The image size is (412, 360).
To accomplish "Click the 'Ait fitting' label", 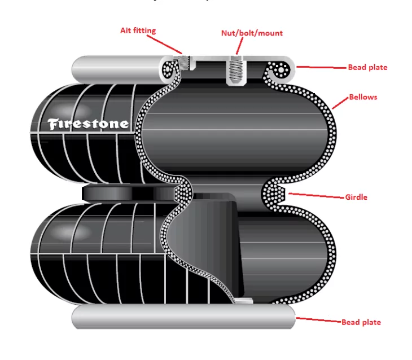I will pyautogui.click(x=138, y=30).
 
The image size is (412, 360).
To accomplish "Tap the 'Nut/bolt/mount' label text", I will pyautogui.click(x=252, y=33).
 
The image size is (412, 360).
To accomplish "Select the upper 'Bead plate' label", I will pyautogui.click(x=367, y=67).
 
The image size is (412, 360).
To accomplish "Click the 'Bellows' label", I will pyautogui.click(x=363, y=97).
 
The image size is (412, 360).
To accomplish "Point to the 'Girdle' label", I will pyautogui.click(x=356, y=197).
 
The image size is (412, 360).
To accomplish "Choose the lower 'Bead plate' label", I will pyautogui.click(x=361, y=322).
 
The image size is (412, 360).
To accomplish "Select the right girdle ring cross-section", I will pyautogui.click(x=275, y=195).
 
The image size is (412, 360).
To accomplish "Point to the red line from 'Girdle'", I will pyautogui.click(x=316, y=195).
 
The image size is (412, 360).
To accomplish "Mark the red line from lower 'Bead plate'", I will pyautogui.click(x=319, y=321).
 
